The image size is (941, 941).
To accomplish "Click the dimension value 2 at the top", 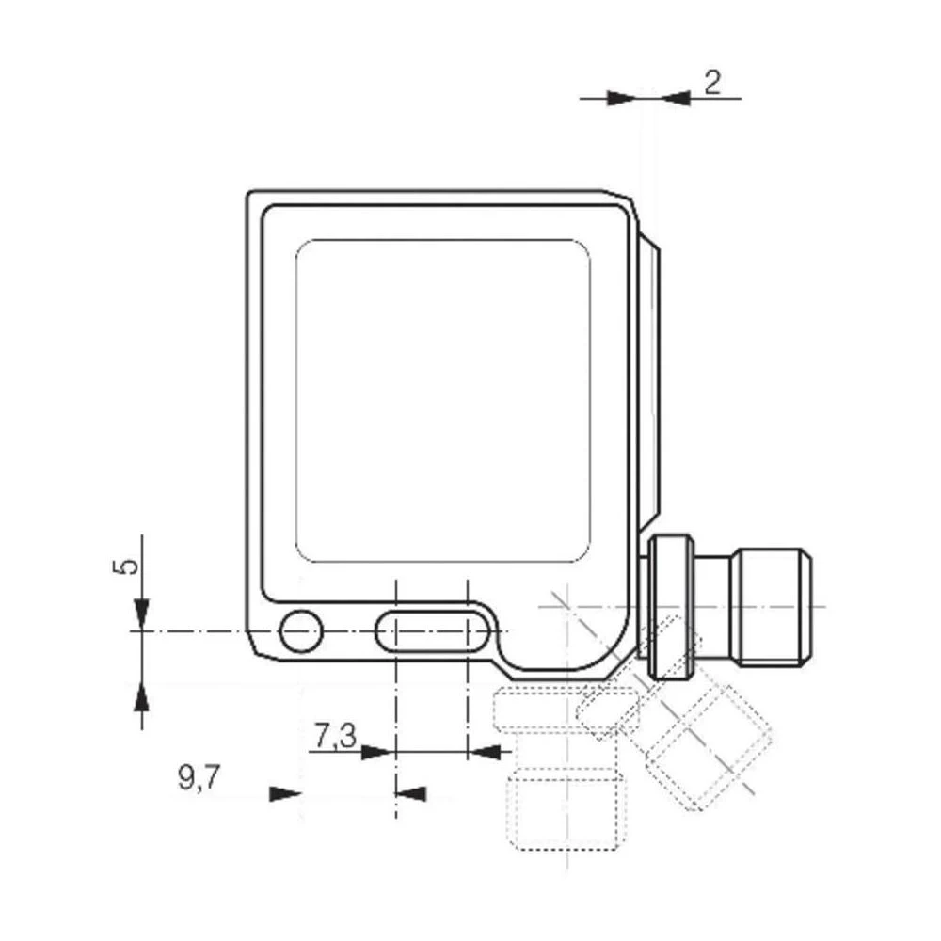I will pos(712,84).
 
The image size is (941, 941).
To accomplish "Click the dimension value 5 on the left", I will pos(130,566).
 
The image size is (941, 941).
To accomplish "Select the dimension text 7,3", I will pos(333,736).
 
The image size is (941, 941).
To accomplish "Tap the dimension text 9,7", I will pos(199,778).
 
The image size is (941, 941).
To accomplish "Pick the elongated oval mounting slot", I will pos(432,630).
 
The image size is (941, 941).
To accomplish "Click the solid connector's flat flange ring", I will pos(672,607).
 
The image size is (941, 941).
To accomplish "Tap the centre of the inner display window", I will pos(442,400).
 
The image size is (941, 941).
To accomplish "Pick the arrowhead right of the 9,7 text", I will pos(281,794).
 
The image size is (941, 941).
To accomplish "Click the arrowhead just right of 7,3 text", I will pos(375,751).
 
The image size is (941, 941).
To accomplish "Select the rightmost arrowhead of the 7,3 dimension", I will pos(484,751).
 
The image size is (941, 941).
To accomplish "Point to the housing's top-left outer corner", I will pos(250,194).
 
